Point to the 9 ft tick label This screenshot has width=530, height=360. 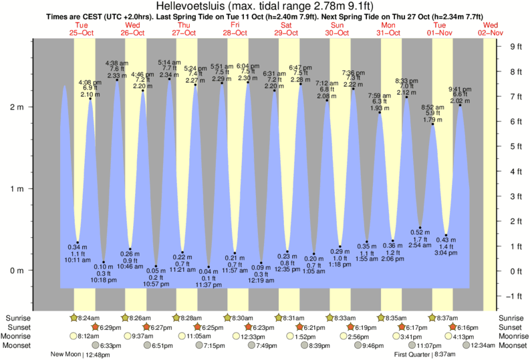515,47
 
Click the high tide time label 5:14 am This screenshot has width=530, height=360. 169,62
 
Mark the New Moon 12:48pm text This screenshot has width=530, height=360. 79,355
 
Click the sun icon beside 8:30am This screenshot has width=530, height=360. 228,318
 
